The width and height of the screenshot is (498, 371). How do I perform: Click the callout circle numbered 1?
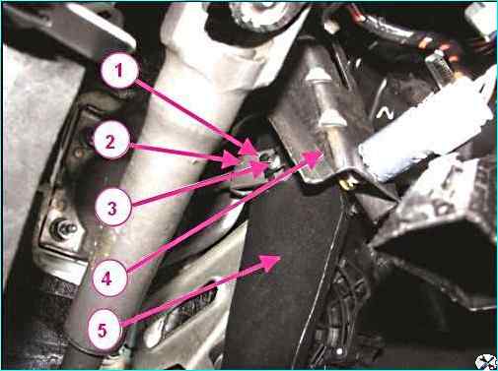[119, 70]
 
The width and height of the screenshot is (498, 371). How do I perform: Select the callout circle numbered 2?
[111, 141]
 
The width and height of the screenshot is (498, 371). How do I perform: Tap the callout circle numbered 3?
[112, 208]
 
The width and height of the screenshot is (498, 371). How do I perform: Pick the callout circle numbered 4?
[107, 278]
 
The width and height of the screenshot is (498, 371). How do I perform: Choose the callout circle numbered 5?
[104, 329]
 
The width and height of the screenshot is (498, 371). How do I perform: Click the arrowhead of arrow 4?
[313, 158]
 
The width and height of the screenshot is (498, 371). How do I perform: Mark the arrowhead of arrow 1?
[249, 147]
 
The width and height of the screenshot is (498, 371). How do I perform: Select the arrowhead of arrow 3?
[259, 169]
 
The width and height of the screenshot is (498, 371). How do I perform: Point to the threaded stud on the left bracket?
[63, 228]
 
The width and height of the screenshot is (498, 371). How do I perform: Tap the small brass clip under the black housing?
[348, 184]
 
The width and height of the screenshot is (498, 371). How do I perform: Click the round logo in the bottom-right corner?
[485, 361]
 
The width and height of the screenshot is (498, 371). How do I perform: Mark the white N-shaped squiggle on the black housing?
[385, 113]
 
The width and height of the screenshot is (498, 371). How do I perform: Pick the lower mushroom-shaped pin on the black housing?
[332, 119]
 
